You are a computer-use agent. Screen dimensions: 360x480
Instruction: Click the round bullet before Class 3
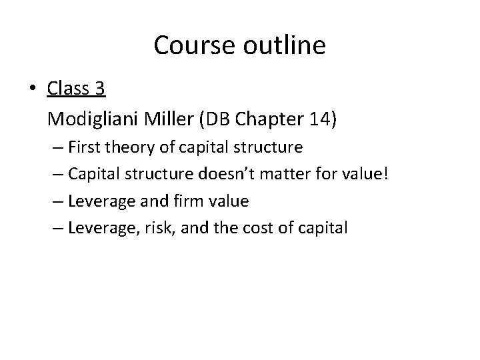pyautogui.click(x=35, y=88)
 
